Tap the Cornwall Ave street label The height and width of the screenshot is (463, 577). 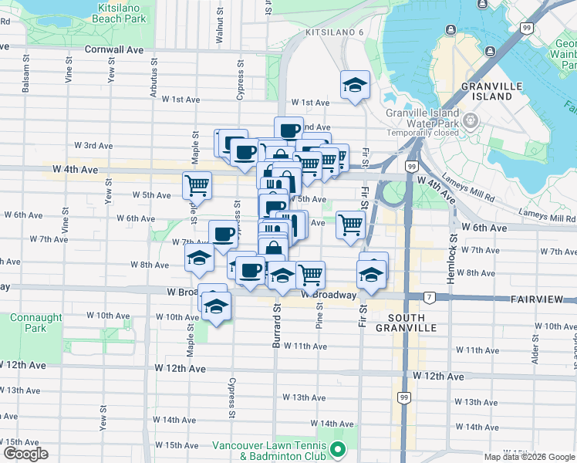coord(116,49)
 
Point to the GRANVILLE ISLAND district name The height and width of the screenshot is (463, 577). coord(488,91)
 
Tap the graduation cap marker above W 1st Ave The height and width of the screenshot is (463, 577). coord(355,85)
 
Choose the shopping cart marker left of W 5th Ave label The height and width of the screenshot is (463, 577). coord(197,185)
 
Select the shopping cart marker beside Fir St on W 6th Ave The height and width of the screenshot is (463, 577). coord(350,225)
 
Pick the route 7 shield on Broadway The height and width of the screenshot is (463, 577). coord(428,297)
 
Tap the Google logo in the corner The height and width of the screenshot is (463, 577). coord(25,454)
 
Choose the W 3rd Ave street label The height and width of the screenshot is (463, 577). coord(93,145)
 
